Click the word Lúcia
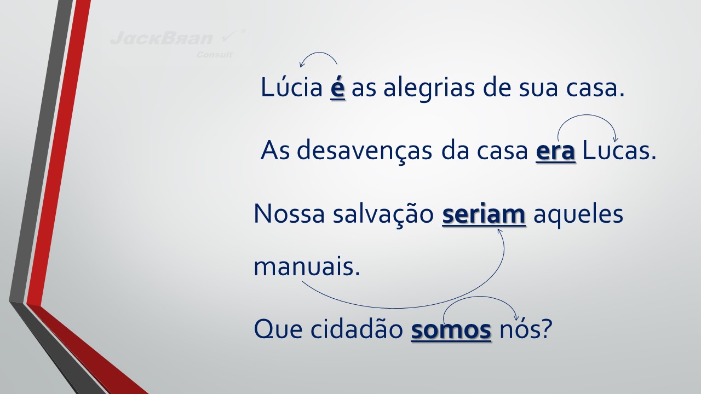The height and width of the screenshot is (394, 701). [291, 87]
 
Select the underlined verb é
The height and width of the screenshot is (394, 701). [338, 88]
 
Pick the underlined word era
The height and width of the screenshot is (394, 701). [555, 152]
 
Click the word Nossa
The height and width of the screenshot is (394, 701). [289, 213]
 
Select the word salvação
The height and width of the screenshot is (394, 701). [383, 215]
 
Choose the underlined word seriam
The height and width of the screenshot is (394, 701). [484, 214]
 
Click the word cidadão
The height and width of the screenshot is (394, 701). [357, 329]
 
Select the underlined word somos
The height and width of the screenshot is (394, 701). [451, 330]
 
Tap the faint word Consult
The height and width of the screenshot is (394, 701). [214, 55]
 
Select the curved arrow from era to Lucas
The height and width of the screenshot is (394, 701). [587, 115]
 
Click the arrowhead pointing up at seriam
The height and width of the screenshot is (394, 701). [500, 231]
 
